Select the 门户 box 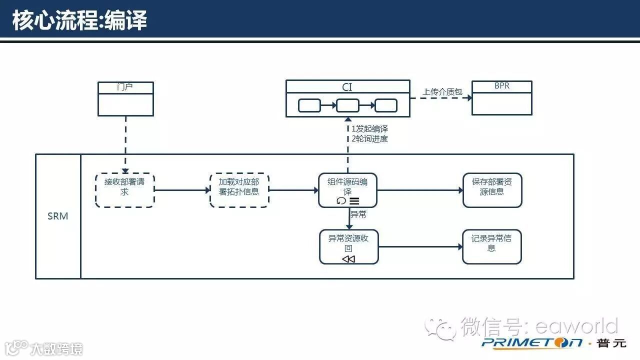click(x=125, y=99)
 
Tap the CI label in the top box click(x=347, y=87)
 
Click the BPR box click(x=501, y=98)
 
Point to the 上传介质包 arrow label click(x=442, y=92)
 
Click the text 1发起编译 click(x=369, y=129)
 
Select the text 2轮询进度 click(x=369, y=139)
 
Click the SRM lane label click(x=58, y=216)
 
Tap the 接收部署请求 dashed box click(x=124, y=190)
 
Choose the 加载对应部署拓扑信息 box click(x=239, y=190)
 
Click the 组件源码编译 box click(x=347, y=187)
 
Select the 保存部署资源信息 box click(x=492, y=190)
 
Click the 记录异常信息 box click(x=491, y=246)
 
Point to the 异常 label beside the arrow click(x=358, y=215)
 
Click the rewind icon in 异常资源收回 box click(x=348, y=259)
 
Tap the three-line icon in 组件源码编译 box click(x=354, y=201)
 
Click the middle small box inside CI click(x=347, y=105)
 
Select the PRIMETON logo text click(x=532, y=343)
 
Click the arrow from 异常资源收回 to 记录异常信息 click(x=420, y=246)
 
